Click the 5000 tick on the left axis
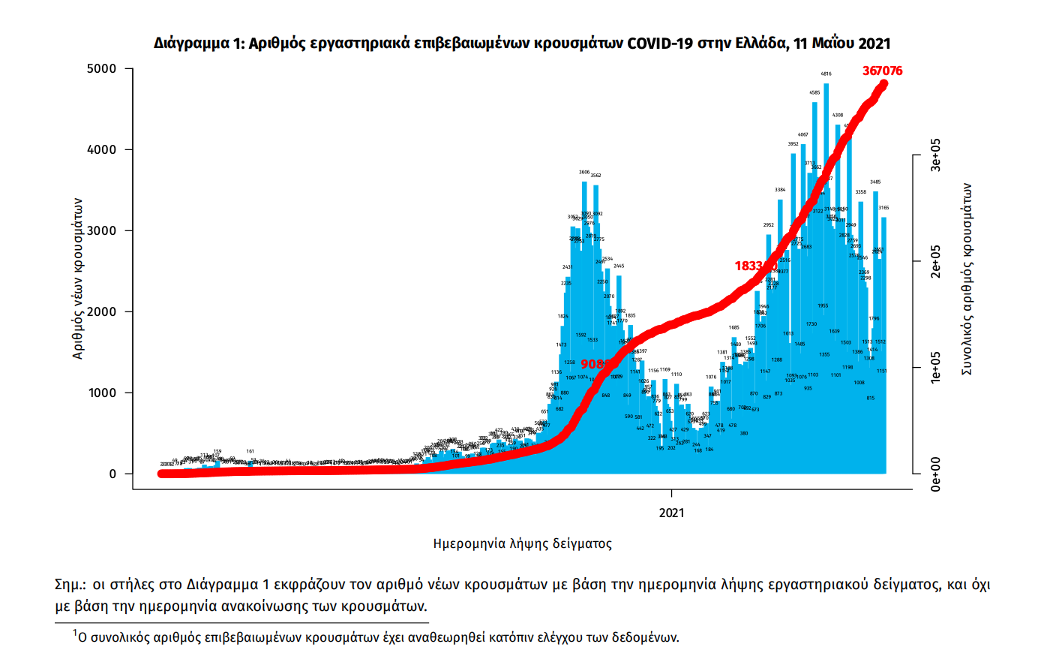(x=102, y=69)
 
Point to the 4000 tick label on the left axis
(x=102, y=150)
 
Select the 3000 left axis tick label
(x=102, y=231)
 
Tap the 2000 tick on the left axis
(x=102, y=312)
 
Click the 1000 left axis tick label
(x=102, y=393)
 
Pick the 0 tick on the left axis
(x=113, y=474)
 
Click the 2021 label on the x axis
(x=671, y=513)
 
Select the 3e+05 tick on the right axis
(x=936, y=155)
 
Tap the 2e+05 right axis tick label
(x=936, y=261)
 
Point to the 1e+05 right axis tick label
(x=936, y=368)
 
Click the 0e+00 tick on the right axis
(x=936, y=474)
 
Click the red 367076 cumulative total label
(x=882, y=71)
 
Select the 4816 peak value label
(x=826, y=74)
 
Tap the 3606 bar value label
(x=584, y=173)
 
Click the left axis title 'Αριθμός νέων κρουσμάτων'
(x=78, y=278)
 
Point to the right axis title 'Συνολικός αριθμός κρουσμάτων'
(x=967, y=279)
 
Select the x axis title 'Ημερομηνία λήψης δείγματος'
(x=522, y=543)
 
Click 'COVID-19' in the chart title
(x=660, y=43)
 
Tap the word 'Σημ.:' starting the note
(x=70, y=585)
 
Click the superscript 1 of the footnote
(x=75, y=634)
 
